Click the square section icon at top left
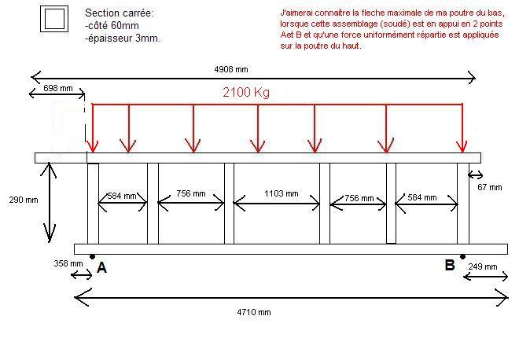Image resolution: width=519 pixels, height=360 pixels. [x=54, y=20]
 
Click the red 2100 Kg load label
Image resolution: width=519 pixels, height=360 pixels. [x=246, y=93]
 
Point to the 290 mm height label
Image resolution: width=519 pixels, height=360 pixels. [x=23, y=200]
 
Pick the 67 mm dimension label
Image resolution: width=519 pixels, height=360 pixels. [x=488, y=187]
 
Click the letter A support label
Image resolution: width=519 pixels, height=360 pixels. [x=101, y=268]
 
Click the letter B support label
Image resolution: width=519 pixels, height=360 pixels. [x=450, y=265]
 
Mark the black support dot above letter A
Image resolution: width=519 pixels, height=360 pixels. [x=92, y=257]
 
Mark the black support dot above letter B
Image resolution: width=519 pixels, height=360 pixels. [x=462, y=257]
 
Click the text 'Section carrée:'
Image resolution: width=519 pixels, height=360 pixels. [x=120, y=14]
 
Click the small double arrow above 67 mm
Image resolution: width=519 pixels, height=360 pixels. [x=475, y=174]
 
